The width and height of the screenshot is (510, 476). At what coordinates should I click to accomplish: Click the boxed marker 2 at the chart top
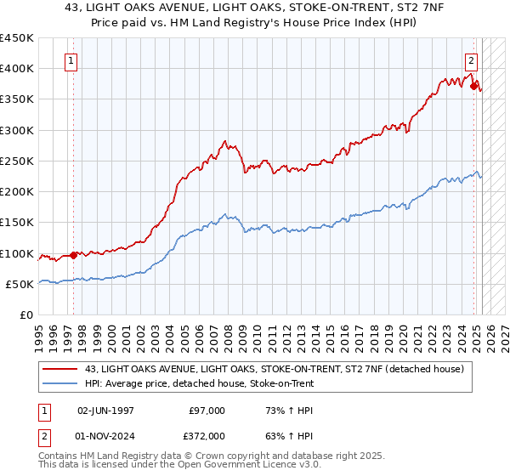tap(471, 60)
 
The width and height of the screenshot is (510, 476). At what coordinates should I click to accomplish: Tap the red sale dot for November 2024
tap(473, 85)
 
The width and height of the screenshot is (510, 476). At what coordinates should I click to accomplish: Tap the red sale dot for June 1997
tap(73, 255)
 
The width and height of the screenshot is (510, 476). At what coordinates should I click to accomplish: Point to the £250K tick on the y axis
tap(19, 161)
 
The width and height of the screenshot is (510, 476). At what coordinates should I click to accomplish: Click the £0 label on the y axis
tap(27, 315)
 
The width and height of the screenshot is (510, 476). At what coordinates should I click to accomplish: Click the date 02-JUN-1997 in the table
tap(105, 410)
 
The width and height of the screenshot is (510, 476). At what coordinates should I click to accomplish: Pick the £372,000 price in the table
tap(207, 436)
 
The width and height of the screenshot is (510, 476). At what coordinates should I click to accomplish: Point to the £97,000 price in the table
tap(207, 410)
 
